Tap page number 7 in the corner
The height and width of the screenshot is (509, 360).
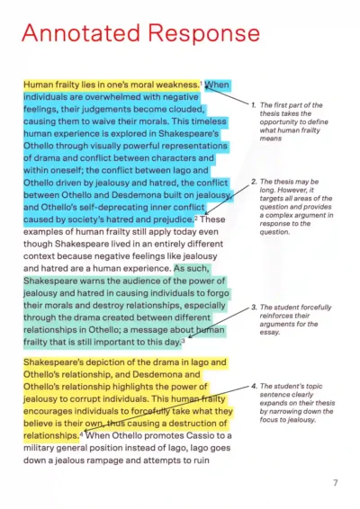[335, 483]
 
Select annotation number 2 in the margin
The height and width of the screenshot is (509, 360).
[255, 182]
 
